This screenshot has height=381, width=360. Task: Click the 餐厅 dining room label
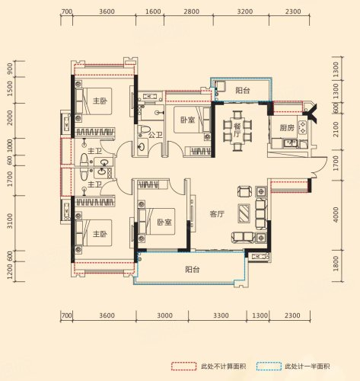pyautogui.click(x=237, y=130)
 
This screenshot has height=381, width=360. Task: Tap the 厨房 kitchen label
pyautogui.click(x=287, y=127)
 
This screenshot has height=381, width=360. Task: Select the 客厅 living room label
pyautogui.click(x=217, y=214)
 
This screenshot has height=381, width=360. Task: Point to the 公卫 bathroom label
pyautogui.click(x=155, y=135)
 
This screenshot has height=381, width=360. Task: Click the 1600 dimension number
pyautogui.click(x=154, y=11)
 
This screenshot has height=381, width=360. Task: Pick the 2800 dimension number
pyautogui.click(x=191, y=11)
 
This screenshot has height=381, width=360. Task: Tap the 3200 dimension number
pyautogui.click(x=245, y=11)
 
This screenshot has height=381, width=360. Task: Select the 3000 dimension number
pyautogui.click(x=164, y=315)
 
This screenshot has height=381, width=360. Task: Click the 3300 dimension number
pyautogui.click(x=221, y=315)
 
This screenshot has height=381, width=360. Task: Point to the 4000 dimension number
pyautogui.click(x=336, y=215)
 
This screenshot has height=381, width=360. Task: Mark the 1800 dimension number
pyautogui.click(x=336, y=264)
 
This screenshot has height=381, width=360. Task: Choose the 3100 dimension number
pyautogui.click(x=10, y=221)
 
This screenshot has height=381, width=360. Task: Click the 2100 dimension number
pyautogui.click(x=336, y=130)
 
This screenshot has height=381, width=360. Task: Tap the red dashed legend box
pyautogui.click(x=183, y=367)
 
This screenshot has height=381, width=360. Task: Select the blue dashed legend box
pyautogui.click(x=269, y=367)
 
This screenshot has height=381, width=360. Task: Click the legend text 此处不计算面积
pyautogui.click(x=224, y=367)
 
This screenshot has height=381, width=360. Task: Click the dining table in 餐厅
pyautogui.click(x=237, y=130)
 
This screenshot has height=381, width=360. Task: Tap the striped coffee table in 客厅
pyautogui.click(x=244, y=213)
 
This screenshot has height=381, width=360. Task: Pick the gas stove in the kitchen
pyautogui.click(x=302, y=127)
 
